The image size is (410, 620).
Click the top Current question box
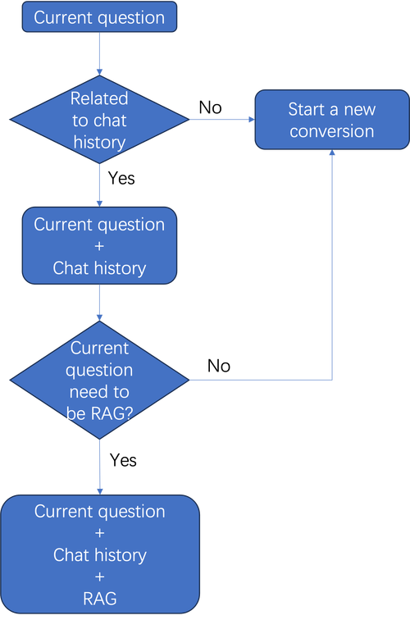pyautogui.click(x=99, y=17)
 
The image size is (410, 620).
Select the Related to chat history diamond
pyautogui.click(x=99, y=120)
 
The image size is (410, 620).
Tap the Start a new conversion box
pyautogui.click(x=332, y=120)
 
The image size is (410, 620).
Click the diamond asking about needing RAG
pyautogui.click(x=99, y=380)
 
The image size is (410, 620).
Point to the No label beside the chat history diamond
pyautogui.click(x=211, y=107)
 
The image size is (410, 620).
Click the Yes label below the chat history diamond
pyautogui.click(x=121, y=178)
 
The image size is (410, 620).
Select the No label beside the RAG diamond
pyautogui.click(x=219, y=366)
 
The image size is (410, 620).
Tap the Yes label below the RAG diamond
pyautogui.click(x=123, y=460)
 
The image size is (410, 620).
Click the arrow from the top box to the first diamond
pyautogui.click(x=99, y=54)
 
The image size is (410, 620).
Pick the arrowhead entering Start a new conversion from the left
pyautogui.click(x=252, y=120)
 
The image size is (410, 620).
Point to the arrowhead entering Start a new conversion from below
pyautogui.click(x=332, y=153)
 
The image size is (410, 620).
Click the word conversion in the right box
pyautogui.click(x=332, y=131)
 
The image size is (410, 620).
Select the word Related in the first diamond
pyautogui.click(x=99, y=98)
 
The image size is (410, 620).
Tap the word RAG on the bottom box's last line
pyautogui.click(x=100, y=599)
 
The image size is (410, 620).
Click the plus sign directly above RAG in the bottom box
pyautogui.click(x=100, y=577)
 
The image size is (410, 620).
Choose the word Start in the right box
pyautogui.click(x=306, y=110)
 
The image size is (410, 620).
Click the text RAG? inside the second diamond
pyautogui.click(x=112, y=413)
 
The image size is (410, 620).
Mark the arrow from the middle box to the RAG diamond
pyautogui.click(x=99, y=303)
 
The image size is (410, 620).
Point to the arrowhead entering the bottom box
pyautogui.click(x=100, y=491)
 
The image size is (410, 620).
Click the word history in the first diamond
pyautogui.click(x=99, y=143)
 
